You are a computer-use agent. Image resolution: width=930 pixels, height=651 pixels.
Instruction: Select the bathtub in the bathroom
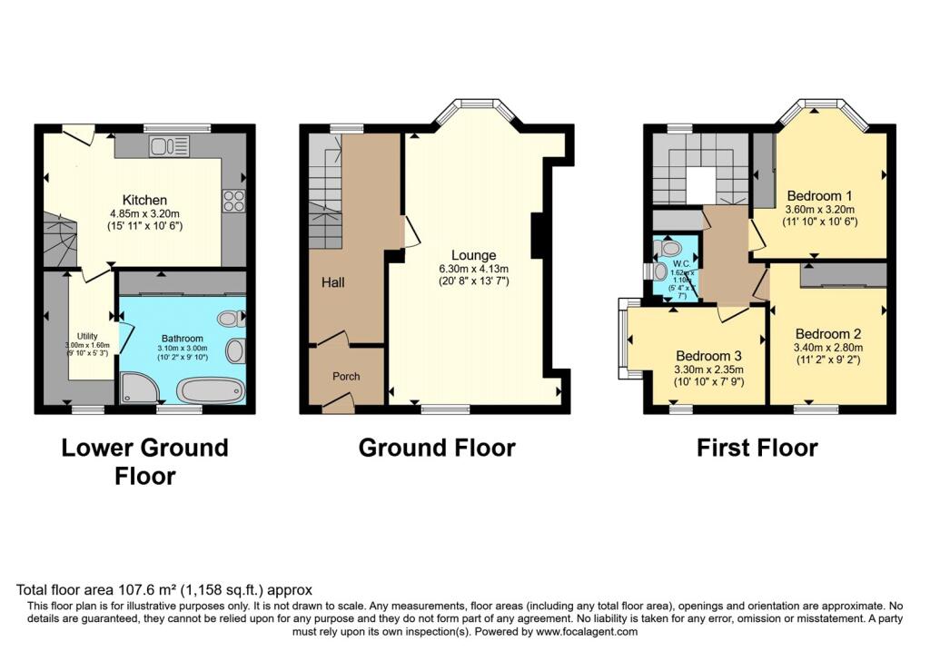(x=212, y=391)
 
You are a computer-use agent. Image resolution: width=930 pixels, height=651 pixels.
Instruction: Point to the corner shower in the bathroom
(x=139, y=390)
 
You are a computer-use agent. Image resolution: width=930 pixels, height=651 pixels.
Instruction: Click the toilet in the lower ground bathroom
(x=232, y=319)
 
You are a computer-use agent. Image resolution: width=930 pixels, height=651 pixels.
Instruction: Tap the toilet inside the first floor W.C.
(x=669, y=247)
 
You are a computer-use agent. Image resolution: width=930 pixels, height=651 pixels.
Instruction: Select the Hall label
(x=332, y=283)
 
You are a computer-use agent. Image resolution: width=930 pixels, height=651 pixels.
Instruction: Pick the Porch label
(x=345, y=376)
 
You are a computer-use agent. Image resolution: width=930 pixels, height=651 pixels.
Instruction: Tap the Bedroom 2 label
(x=826, y=333)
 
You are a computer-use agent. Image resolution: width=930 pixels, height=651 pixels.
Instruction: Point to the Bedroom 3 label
(x=707, y=355)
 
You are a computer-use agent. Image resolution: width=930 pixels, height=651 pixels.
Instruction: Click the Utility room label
(x=87, y=336)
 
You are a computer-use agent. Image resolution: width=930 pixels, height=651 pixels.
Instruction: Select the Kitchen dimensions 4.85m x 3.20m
(x=145, y=215)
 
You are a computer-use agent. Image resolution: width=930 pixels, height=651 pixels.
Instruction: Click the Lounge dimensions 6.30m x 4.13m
(x=470, y=269)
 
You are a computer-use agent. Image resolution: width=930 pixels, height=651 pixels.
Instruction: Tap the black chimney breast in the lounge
(x=537, y=235)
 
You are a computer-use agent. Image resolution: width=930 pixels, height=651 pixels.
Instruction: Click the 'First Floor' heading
(x=757, y=448)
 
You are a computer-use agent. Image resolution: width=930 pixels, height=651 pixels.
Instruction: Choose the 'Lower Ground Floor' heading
(x=144, y=461)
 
